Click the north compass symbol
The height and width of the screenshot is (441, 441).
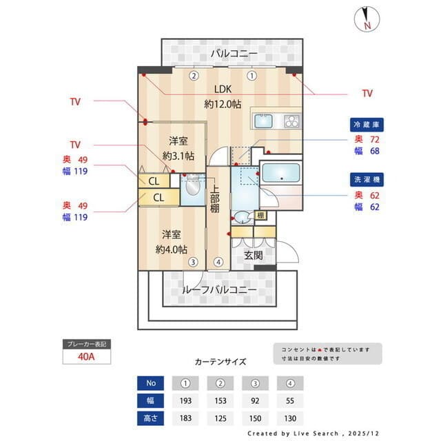(365, 19)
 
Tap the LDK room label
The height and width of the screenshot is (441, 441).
(223, 89)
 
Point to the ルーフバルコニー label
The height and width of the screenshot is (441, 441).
(220, 290)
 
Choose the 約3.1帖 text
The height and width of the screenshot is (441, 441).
(178, 156)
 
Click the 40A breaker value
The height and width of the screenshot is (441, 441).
(86, 358)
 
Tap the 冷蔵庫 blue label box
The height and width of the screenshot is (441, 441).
(367, 125)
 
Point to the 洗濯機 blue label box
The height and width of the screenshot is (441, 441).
(367, 179)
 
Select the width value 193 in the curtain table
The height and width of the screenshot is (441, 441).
(185, 400)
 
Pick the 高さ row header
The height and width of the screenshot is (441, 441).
(150, 418)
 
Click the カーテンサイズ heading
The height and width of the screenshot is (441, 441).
(220, 361)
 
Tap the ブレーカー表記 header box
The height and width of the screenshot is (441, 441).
(86, 343)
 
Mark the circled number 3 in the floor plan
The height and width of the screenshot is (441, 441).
(194, 262)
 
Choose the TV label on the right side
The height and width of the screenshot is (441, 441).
(367, 93)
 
